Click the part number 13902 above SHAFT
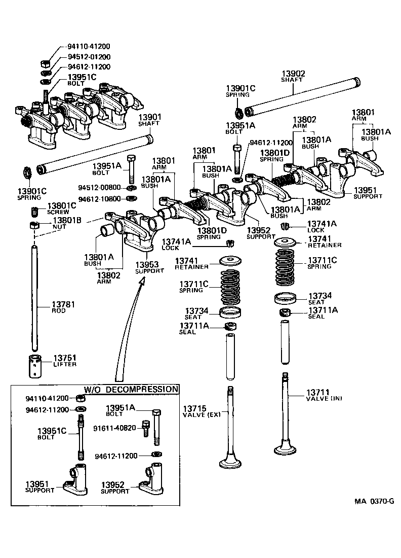293,73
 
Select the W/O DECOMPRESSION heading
131,389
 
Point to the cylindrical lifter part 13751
38,366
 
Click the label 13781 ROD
63,307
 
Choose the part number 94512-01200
89,57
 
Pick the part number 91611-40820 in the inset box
114,428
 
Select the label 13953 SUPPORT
149,267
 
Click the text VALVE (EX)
202,415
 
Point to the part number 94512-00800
100,187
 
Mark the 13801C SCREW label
61,208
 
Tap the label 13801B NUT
67,224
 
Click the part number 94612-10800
100,198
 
